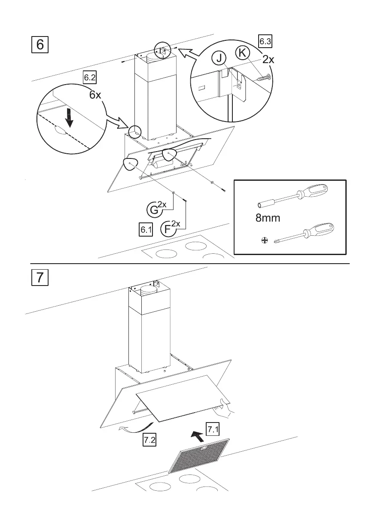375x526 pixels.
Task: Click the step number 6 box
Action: coord(40,45)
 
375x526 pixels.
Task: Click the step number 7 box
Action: coord(40,277)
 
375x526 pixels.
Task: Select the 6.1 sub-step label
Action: coord(146,230)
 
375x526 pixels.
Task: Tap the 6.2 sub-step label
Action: coord(90,78)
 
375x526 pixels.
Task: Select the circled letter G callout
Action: coord(153,210)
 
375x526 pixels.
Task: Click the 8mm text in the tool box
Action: coord(268,218)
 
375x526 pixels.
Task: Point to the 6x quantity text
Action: coord(95,94)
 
